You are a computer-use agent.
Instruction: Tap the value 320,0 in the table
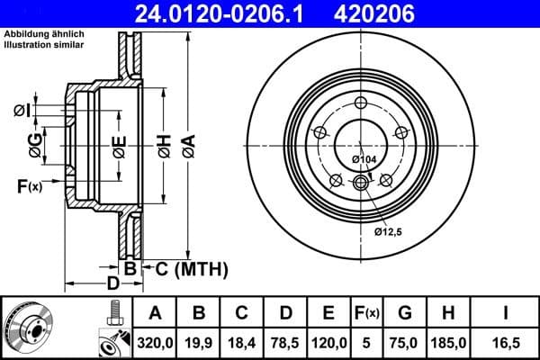[x=155, y=342]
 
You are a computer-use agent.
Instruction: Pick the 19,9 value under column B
[x=200, y=342]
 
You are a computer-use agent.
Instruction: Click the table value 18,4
[x=243, y=342]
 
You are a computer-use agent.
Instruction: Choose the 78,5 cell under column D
[x=286, y=342]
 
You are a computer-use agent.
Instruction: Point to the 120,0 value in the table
[x=329, y=342]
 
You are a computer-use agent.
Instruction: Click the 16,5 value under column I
[x=506, y=342]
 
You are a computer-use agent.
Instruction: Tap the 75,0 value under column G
[x=405, y=342]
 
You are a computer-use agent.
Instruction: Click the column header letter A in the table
[x=155, y=313]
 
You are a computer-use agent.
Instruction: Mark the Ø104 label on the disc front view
[x=364, y=159]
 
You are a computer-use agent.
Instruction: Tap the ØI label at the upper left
[x=23, y=111]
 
